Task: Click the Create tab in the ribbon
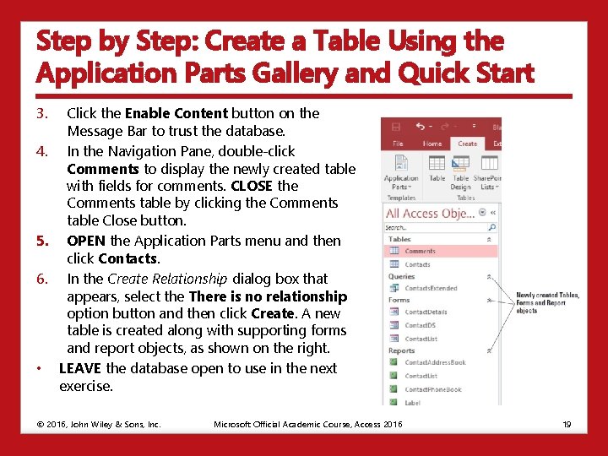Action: click(467, 144)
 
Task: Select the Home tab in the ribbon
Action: click(432, 144)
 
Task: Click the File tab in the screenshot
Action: click(398, 144)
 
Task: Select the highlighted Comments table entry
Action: click(420, 251)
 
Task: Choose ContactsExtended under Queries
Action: click(431, 288)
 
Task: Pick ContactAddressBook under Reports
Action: click(434, 362)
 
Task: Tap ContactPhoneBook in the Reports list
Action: click(432, 389)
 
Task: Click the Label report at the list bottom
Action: click(412, 403)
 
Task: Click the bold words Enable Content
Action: click(176, 113)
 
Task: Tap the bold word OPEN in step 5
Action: click(86, 241)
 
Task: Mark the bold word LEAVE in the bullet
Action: click(80, 368)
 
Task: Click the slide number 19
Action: click(567, 424)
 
